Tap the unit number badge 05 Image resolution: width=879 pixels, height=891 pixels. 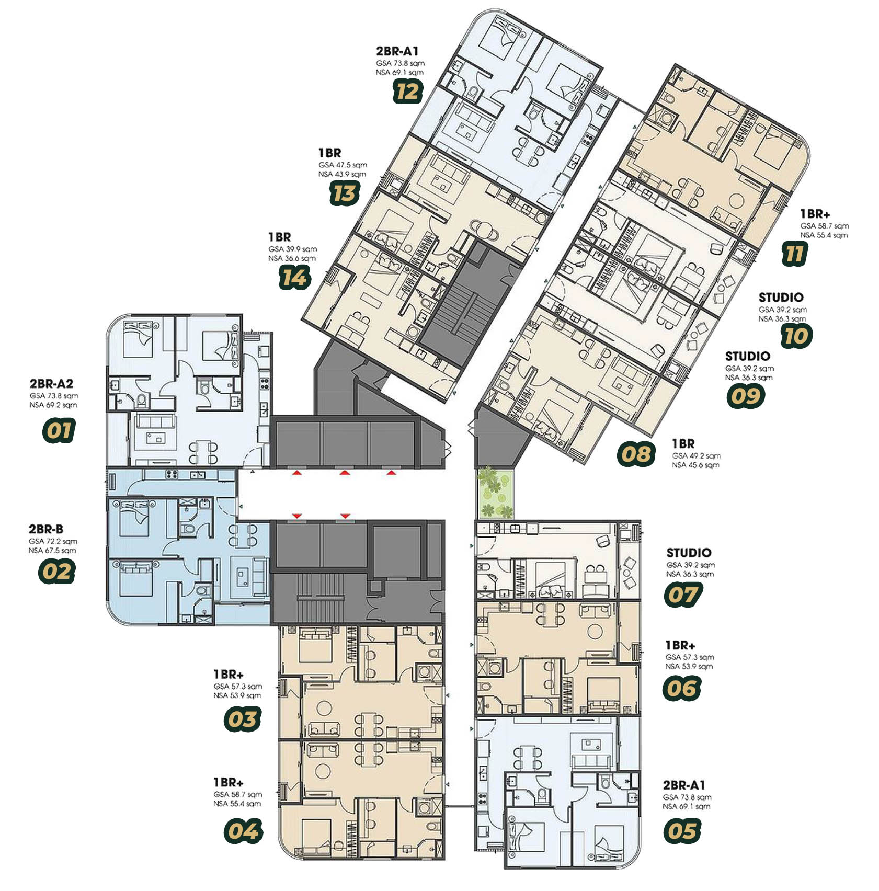pyautogui.click(x=681, y=831)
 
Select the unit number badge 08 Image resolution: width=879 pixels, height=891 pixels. pyautogui.click(x=636, y=454)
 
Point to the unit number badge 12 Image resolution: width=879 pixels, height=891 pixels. pyautogui.click(x=407, y=92)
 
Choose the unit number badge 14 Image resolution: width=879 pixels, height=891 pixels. pyautogui.click(x=294, y=277)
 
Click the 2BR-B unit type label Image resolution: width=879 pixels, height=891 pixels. pyautogui.click(x=46, y=529)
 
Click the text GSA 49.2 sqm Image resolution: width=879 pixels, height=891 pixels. pyautogui.click(x=696, y=456)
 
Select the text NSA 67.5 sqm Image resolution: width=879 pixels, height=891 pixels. pyautogui.click(x=52, y=551)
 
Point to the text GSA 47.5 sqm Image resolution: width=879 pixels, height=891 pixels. pyautogui.click(x=343, y=165)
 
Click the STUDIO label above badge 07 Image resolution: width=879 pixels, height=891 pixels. pyautogui.click(x=689, y=553)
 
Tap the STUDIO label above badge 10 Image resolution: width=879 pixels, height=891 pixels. pyautogui.click(x=781, y=298)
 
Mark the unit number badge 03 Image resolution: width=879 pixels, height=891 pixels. pyautogui.click(x=242, y=720)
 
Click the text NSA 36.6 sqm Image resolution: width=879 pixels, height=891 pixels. pyautogui.click(x=292, y=258)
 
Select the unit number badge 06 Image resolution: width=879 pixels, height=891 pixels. pyautogui.click(x=682, y=688)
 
